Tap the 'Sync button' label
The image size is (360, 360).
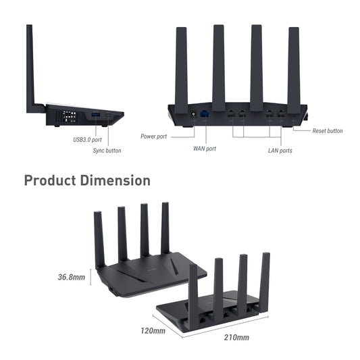click(x=107, y=151)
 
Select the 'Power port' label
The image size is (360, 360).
click(x=153, y=136)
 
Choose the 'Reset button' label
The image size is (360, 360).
click(x=327, y=130)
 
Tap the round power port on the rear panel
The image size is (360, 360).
click(x=195, y=115)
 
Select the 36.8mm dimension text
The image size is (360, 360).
click(x=71, y=277)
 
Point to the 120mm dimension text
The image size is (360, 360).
click(x=153, y=331)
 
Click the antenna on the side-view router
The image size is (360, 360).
click(x=30, y=68)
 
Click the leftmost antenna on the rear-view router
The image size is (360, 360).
click(x=181, y=68)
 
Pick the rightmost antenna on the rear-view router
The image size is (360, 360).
click(x=294, y=68)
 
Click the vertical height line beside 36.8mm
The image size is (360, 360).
click(x=91, y=277)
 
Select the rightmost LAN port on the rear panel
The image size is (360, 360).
click(x=280, y=115)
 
